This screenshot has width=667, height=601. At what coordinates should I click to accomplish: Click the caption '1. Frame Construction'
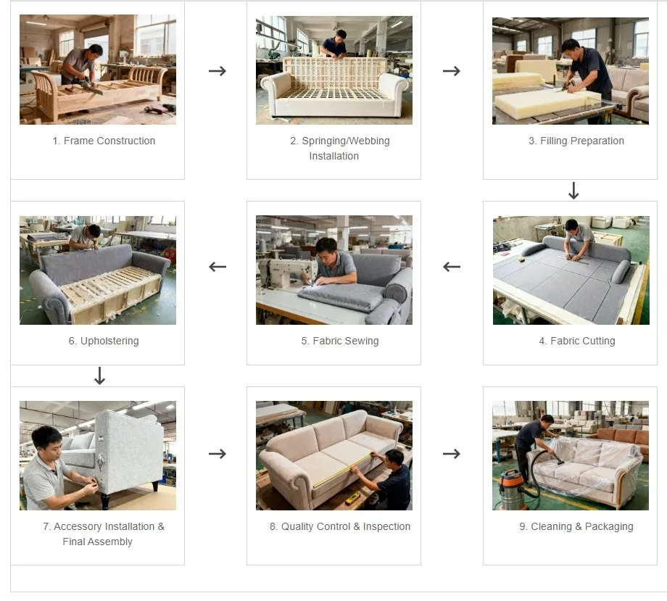point(104,141)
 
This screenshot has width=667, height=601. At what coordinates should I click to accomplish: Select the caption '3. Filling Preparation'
point(576,141)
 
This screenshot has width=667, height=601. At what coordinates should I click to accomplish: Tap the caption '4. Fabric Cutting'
point(577,341)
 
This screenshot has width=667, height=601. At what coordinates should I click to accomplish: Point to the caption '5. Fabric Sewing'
point(340,341)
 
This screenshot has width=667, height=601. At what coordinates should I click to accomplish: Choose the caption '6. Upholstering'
point(104,341)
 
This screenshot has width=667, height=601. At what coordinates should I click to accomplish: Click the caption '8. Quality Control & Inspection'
point(340,526)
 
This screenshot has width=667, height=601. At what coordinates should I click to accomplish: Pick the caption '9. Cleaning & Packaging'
point(576,526)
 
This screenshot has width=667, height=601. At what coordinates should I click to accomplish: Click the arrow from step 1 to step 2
point(217,71)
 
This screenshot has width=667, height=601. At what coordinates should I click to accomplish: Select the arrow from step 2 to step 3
point(452,71)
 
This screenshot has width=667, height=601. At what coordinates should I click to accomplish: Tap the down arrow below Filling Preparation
point(573,191)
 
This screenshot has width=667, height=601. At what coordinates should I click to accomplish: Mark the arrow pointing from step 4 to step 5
point(452,267)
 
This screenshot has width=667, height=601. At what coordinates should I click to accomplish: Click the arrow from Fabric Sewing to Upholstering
point(217,267)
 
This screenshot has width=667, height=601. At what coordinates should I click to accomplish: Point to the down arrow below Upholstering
point(100,376)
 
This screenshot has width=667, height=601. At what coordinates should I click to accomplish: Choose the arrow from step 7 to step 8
point(217,454)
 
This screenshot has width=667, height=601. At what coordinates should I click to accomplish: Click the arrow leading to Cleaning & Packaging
point(452,454)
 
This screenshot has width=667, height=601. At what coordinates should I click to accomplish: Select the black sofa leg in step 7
point(106,501)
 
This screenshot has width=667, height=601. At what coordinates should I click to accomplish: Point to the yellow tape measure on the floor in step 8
point(353,498)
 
